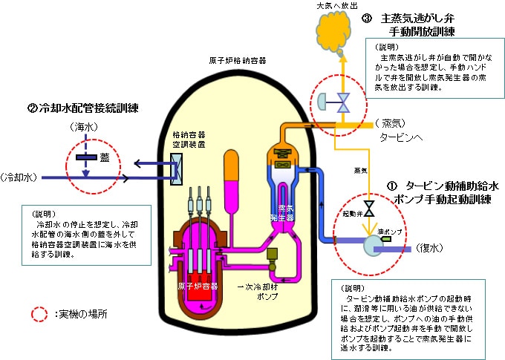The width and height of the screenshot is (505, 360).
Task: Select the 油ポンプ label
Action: [x=393, y=232]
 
